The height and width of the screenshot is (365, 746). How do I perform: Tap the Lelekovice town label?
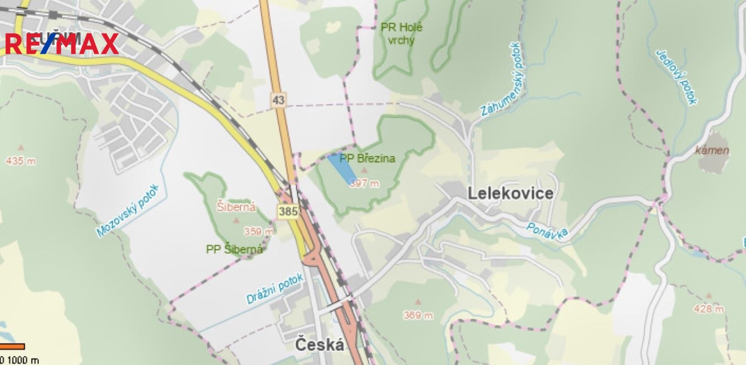point(510,194)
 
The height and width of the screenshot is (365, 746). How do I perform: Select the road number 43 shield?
point(278,100)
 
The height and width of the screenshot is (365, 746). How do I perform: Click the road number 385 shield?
point(287,212)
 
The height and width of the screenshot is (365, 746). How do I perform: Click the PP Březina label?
point(367,159)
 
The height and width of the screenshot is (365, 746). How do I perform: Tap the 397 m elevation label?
point(364,183)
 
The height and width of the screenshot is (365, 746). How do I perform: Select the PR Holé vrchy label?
point(401,33)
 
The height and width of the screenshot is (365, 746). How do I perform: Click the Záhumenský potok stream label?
point(503,79)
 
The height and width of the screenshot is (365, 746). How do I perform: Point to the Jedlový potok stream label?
point(677,77)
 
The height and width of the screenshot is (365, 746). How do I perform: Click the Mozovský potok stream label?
point(128,210)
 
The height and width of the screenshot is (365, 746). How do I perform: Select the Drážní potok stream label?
point(275,289)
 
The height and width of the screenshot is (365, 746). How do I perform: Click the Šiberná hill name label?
point(236,207)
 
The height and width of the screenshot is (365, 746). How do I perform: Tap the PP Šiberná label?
point(234,249)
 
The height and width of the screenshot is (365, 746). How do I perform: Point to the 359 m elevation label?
point(258,231)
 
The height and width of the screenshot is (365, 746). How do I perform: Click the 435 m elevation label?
point(20,161)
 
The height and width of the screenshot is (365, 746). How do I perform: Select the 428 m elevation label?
point(708,309)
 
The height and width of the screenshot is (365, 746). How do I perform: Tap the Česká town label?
point(319,345)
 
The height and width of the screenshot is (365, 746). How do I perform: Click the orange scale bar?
point(12,346)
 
